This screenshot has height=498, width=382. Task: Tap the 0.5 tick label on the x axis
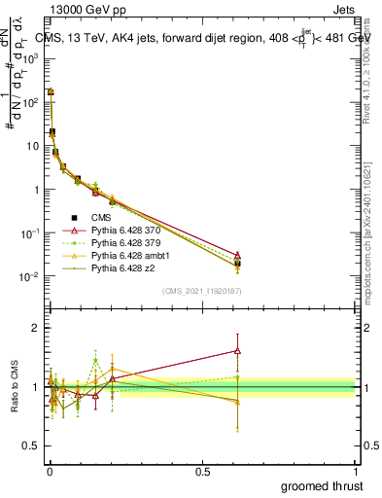[202, 472]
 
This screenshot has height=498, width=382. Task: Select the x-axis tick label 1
[355, 472]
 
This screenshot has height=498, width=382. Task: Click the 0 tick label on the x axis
[50, 472]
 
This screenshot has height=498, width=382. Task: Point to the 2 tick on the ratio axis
[35, 328]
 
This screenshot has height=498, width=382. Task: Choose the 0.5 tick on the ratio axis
[31, 446]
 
